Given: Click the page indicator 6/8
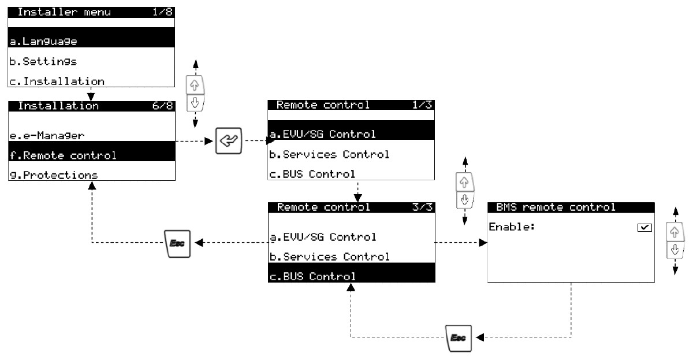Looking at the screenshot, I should [x=162, y=106].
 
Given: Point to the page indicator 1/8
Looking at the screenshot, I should [x=162, y=12].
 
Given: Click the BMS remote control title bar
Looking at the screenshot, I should [x=571, y=207].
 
